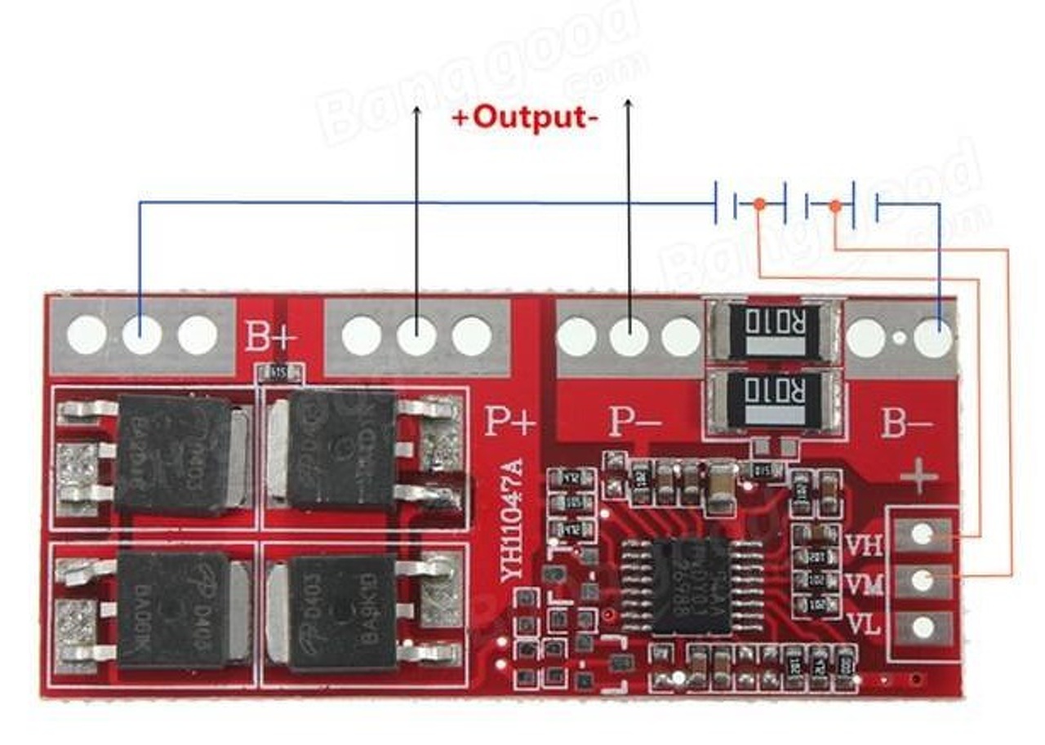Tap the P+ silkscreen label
pos(511,421)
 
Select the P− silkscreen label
pos(634,421)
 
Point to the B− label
pos(906,424)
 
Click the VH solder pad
pos(923,534)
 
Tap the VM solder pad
pos(923,580)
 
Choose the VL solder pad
pos(923,627)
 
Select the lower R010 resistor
pos(772,399)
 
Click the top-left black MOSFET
pos(173,453)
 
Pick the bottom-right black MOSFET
pos(343,612)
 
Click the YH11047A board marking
pos(512,522)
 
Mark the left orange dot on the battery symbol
pos(759,204)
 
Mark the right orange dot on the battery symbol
pos(834,206)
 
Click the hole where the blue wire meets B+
pos(141,335)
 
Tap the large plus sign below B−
pos(920,477)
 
